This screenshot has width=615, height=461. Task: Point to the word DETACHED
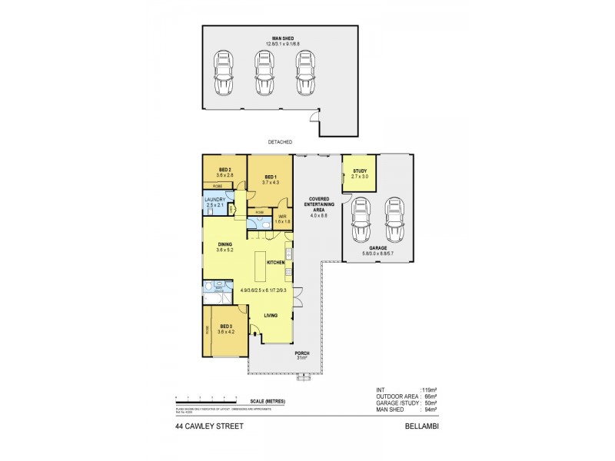280,142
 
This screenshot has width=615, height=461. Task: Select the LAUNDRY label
215,203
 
